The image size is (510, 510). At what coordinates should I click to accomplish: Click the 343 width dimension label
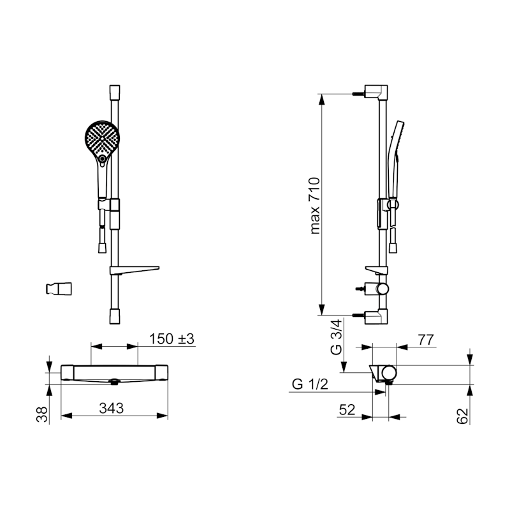(111, 408)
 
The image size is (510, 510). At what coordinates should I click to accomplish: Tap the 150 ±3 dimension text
(171, 339)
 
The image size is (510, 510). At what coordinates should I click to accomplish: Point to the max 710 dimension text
(314, 205)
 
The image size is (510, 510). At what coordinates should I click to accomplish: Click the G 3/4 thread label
(336, 337)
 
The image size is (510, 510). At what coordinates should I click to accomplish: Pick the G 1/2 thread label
(310, 384)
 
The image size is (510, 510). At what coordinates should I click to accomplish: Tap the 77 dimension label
(426, 340)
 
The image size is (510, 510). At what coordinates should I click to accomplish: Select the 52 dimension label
(347, 410)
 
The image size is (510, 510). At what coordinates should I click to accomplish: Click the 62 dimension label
(463, 416)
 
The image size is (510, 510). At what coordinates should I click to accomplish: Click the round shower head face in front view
(102, 138)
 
